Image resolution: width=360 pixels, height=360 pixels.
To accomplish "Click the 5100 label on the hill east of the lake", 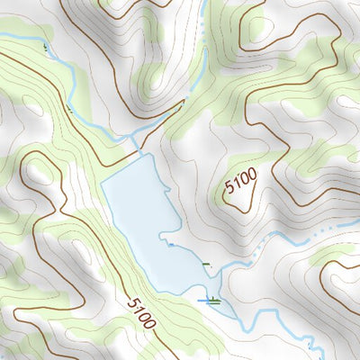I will [x=241, y=182].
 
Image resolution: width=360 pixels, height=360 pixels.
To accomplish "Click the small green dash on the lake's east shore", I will [x=207, y=265].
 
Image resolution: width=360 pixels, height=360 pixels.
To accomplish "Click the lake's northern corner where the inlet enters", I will [x=140, y=154].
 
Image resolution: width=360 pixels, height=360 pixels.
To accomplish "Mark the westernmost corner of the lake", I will [x=101, y=183].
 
